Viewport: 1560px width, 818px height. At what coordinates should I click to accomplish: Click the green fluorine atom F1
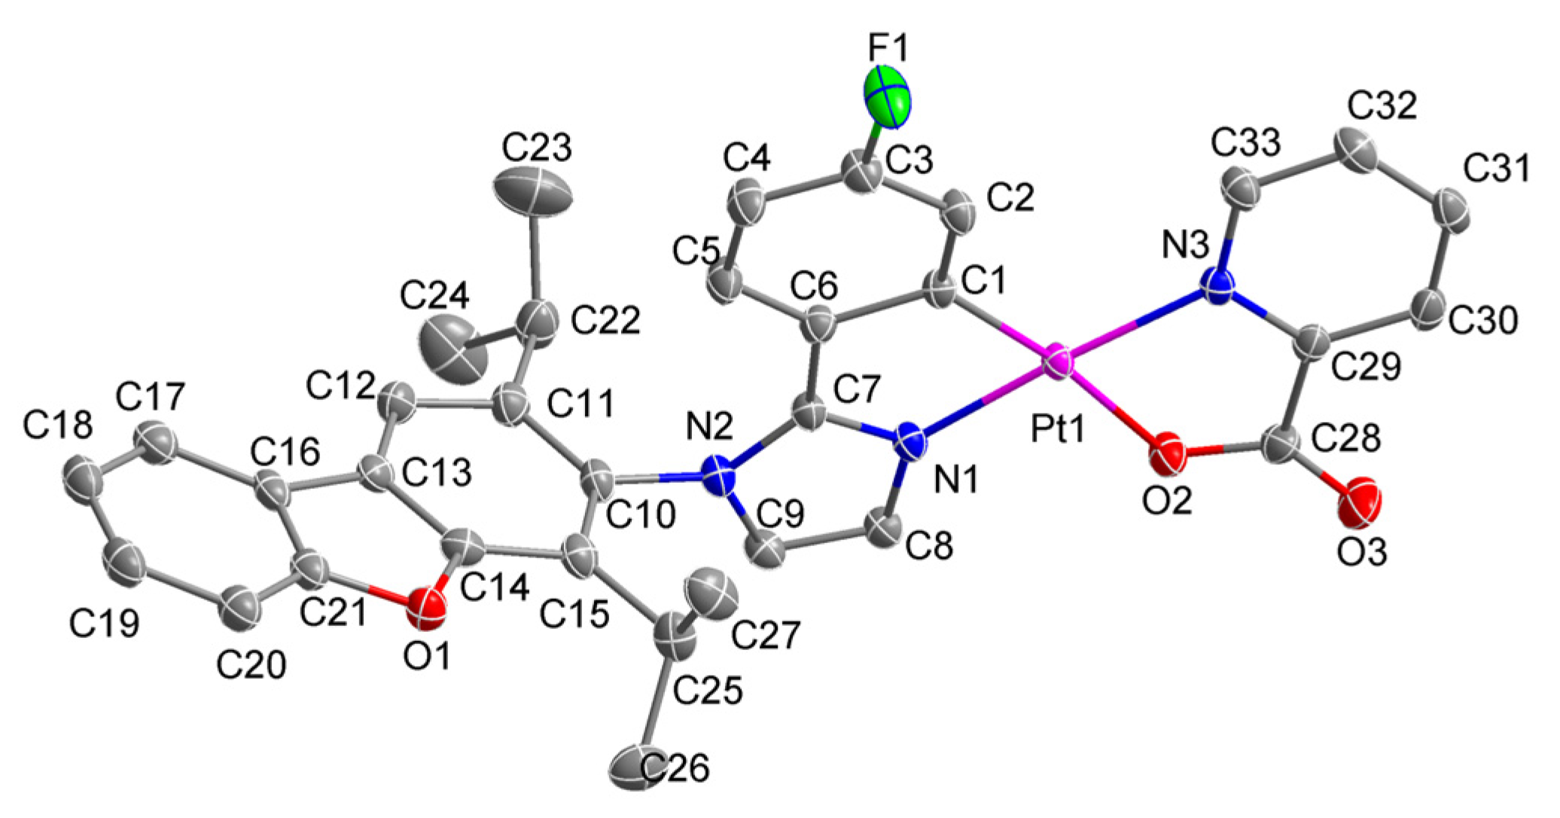(886, 96)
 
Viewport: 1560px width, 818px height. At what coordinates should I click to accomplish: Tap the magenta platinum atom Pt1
(1059, 362)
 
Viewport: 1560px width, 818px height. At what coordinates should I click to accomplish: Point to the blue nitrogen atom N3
(1218, 287)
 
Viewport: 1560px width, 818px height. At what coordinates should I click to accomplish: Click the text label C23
(537, 149)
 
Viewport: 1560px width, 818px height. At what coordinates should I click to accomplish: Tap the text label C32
(1382, 107)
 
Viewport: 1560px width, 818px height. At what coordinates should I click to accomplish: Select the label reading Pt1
(1058, 429)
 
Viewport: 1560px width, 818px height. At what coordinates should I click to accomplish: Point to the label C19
(105, 623)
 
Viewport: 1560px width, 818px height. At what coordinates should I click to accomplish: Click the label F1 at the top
(888, 49)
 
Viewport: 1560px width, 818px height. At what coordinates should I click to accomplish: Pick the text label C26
(675, 769)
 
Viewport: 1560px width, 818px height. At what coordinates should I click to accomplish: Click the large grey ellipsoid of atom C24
(452, 349)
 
